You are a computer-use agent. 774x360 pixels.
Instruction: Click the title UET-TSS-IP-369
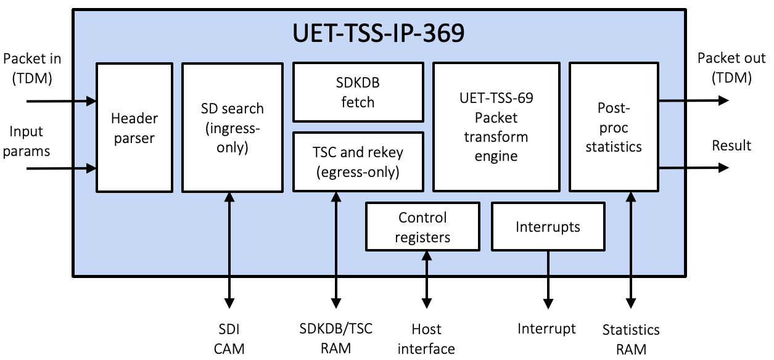pos(378,34)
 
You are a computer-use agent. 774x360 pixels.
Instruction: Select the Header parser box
pos(134,127)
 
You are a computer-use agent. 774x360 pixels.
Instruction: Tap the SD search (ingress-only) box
pos(232,127)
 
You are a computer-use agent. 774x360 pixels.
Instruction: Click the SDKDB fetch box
pos(358,92)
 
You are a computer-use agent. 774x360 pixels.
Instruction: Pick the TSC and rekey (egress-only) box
pos(358,162)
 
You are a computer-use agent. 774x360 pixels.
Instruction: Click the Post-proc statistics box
pos(614,127)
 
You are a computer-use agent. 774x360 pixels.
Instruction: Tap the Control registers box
pos(422,227)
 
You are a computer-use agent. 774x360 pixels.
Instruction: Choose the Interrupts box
pos(548,227)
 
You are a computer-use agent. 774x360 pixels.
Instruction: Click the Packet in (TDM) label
pos(32,68)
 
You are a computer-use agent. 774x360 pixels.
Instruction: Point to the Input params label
pos(26,141)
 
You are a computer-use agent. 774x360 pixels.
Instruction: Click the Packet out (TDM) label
pos(731,68)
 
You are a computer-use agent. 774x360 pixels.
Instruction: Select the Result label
pos(731,145)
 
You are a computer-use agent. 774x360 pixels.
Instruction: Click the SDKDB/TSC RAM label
pos(336,338)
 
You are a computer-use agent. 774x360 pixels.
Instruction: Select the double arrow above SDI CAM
pos(229,250)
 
